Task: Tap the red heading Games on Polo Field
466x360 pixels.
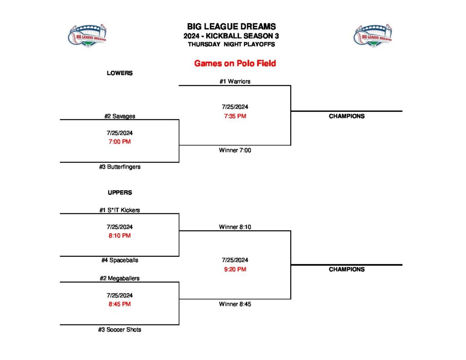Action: click(235, 63)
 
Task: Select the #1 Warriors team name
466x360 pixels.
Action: click(235, 81)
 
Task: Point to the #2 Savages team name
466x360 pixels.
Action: click(120, 116)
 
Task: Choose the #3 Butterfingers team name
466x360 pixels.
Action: click(120, 167)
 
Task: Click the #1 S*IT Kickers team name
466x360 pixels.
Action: click(120, 210)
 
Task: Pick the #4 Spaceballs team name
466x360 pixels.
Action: click(120, 260)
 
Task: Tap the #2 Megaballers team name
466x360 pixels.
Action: click(120, 278)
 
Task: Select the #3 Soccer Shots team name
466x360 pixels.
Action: click(120, 330)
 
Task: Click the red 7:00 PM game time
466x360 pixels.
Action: click(120, 142)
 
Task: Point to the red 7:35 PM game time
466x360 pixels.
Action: click(235, 116)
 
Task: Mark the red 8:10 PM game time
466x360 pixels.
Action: click(120, 236)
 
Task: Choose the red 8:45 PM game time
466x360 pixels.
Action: click(120, 304)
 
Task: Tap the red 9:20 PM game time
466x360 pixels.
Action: click(235, 269)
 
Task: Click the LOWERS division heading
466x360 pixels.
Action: click(120, 73)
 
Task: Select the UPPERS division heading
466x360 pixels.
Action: click(120, 193)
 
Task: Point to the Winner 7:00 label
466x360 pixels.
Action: click(235, 150)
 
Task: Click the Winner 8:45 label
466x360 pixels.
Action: click(235, 304)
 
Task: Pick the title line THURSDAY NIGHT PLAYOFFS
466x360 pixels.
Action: click(231, 45)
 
